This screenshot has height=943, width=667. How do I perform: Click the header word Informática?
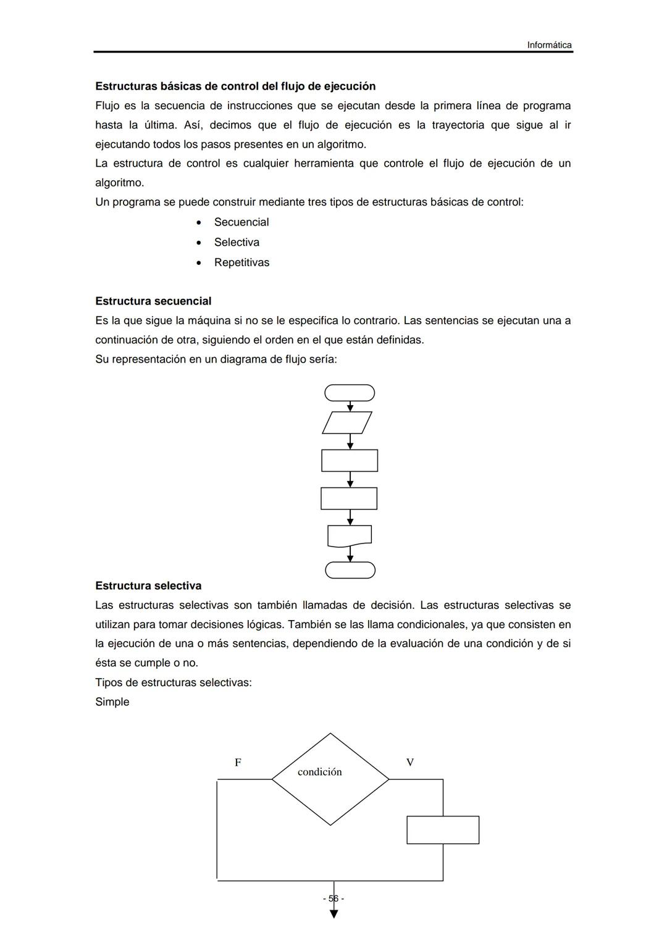click(x=549, y=45)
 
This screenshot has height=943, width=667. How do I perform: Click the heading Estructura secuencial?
click(x=153, y=301)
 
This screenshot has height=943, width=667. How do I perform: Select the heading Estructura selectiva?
click(x=148, y=585)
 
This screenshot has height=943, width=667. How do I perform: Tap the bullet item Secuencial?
click(x=241, y=222)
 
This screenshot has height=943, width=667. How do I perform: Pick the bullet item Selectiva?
click(x=237, y=243)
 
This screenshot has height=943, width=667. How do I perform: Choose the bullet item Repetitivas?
click(x=241, y=262)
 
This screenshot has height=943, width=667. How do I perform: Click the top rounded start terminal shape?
click(x=350, y=393)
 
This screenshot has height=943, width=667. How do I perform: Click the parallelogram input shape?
click(x=347, y=422)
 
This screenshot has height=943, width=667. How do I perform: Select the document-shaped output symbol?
click(x=350, y=535)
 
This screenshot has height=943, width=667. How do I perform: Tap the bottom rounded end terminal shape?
click(x=350, y=570)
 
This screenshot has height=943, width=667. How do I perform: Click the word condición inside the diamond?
click(x=319, y=772)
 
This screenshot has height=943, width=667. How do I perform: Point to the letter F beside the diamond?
click(x=238, y=763)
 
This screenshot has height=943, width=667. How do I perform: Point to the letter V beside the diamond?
click(x=410, y=763)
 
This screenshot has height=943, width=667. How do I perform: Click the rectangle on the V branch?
click(x=443, y=830)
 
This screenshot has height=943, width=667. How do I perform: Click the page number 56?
click(x=333, y=899)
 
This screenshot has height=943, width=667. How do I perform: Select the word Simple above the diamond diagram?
click(x=112, y=702)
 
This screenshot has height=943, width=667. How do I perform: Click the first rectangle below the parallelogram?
click(x=350, y=461)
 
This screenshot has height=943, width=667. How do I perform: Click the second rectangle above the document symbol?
click(x=349, y=498)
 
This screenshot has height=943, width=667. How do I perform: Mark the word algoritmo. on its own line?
click(x=119, y=183)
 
